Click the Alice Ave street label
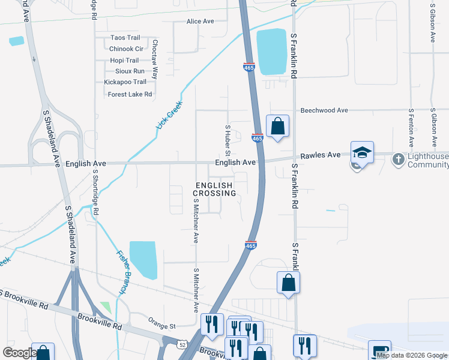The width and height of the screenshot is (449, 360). [200, 22]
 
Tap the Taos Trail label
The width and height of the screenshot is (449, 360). [125, 38]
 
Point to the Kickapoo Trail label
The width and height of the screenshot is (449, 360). [125, 82]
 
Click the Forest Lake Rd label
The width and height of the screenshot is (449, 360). [130, 94]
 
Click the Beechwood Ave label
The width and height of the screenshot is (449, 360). [324, 110]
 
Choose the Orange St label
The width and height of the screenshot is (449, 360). [163, 326]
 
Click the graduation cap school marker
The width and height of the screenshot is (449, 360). [362, 152]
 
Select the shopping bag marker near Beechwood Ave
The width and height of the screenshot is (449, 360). [277, 126]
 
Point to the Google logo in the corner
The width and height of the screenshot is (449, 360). [20, 353]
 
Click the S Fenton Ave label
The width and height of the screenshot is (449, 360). [411, 128]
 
